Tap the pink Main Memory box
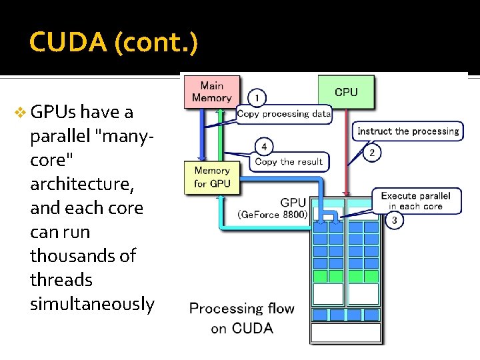(x=211, y=91)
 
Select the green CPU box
(x=345, y=92)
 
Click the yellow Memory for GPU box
(x=211, y=177)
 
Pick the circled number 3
(x=394, y=220)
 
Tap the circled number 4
(x=264, y=146)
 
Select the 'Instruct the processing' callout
(x=408, y=131)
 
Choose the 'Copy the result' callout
(x=288, y=161)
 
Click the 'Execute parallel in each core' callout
(x=415, y=201)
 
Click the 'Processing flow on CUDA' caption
(x=241, y=318)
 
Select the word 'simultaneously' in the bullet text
(x=92, y=304)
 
